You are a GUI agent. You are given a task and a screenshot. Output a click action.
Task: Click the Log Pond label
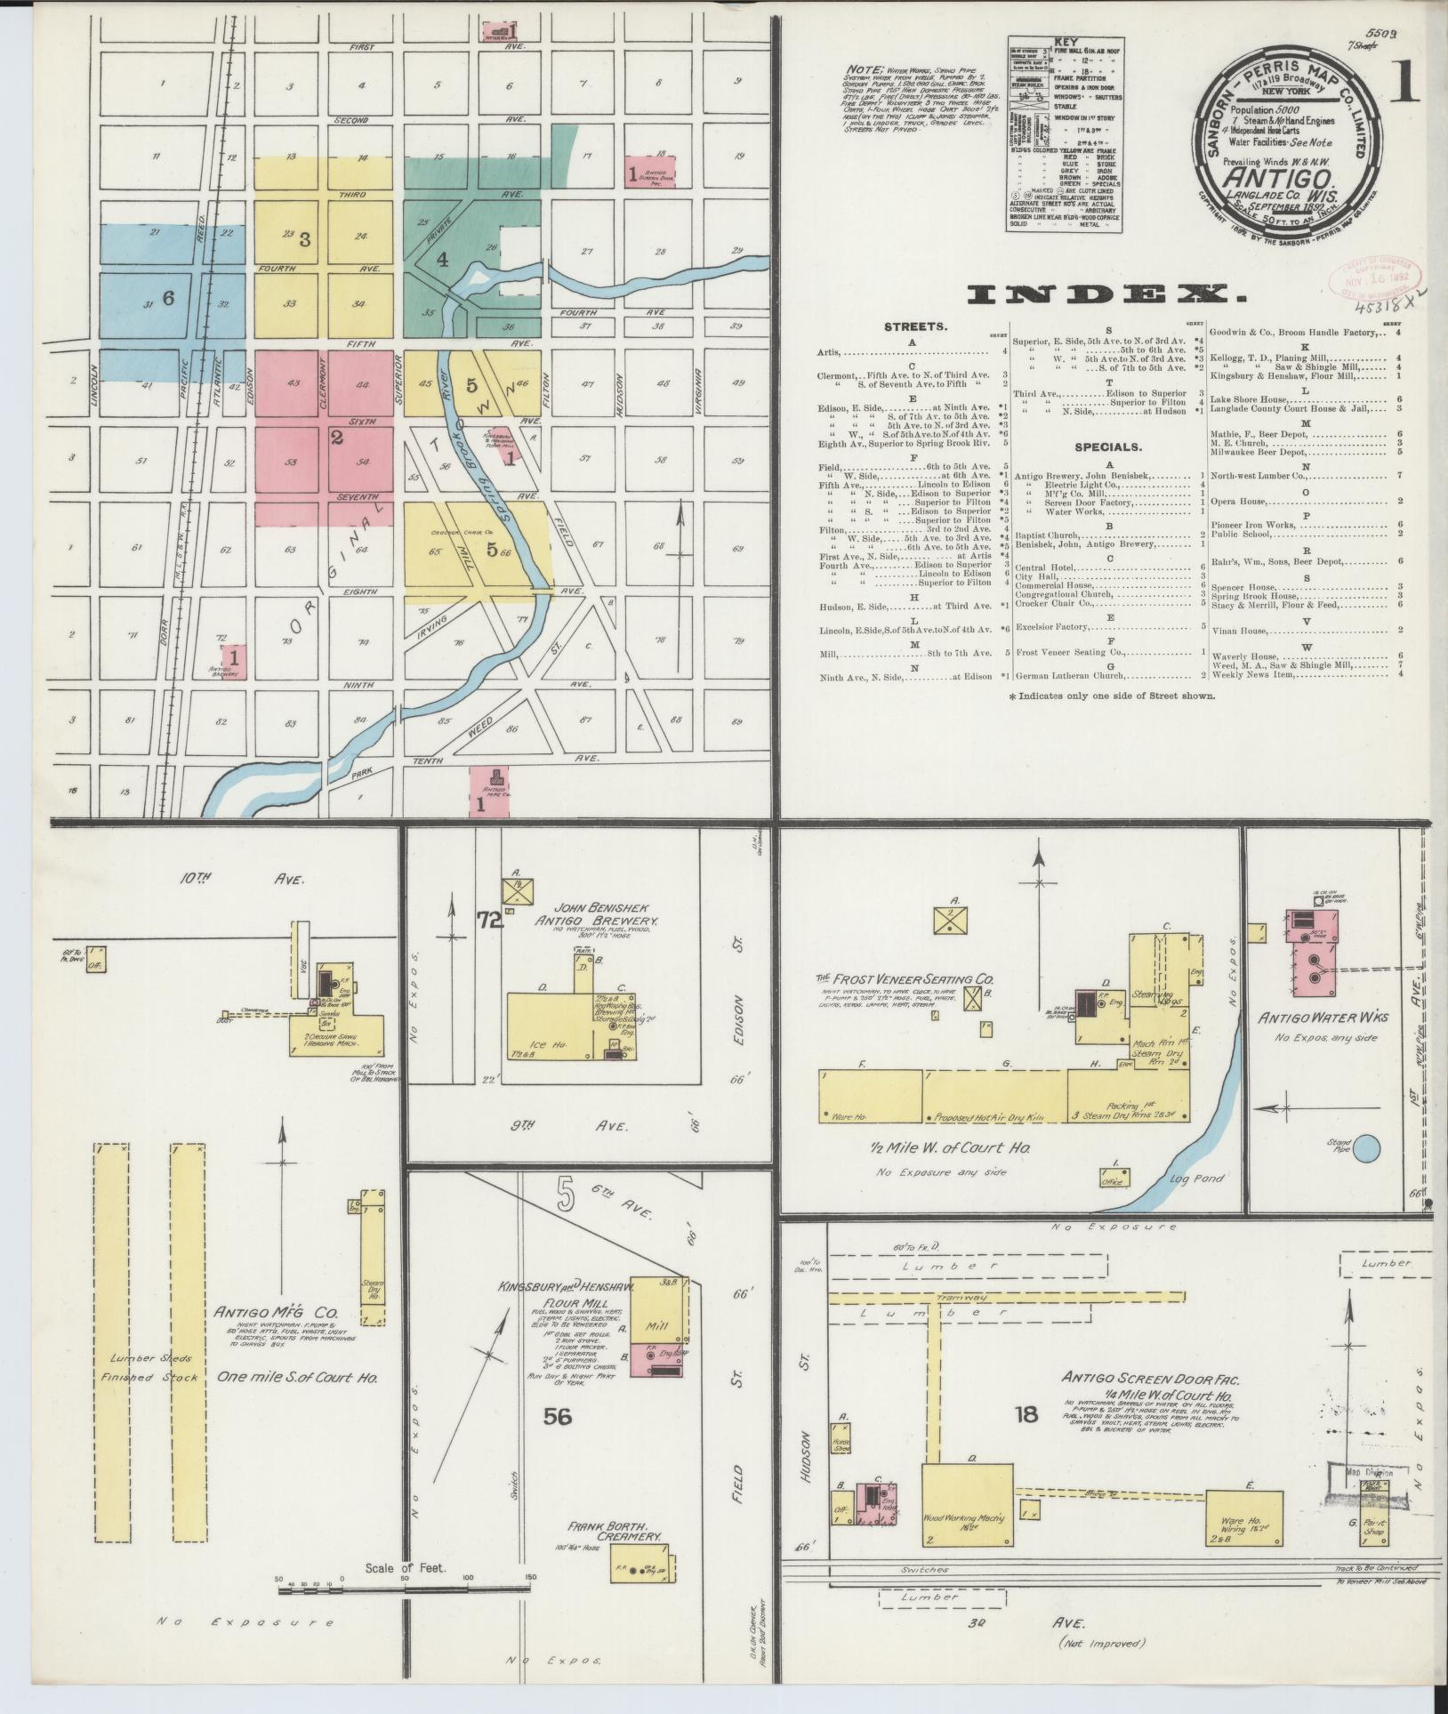click(1198, 1179)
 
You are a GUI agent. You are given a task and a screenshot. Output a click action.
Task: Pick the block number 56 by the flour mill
click(558, 1416)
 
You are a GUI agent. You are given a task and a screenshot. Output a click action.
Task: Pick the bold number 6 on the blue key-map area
click(168, 299)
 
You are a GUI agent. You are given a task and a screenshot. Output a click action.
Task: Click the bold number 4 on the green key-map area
click(442, 260)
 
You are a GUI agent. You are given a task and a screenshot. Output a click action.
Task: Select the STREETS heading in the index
click(915, 327)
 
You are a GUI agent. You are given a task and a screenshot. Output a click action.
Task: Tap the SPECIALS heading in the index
click(1106, 447)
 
